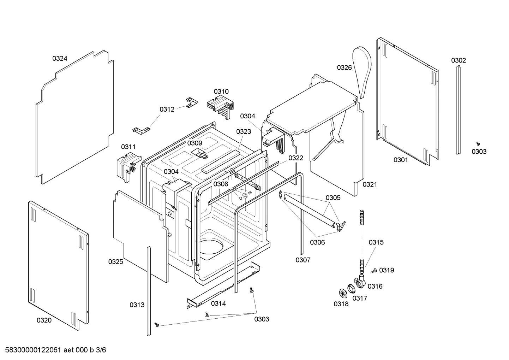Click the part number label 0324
60,59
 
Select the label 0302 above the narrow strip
458,60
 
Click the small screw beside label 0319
374,271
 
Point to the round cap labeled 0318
342,293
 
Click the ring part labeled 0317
351,289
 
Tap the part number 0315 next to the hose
376,242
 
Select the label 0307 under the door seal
303,260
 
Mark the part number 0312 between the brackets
167,110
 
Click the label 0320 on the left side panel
44,320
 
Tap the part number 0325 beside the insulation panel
115,262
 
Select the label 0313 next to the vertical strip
137,305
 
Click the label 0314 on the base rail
218,303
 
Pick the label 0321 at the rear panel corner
370,184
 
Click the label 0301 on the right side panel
401,160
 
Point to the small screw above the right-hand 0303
478,143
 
